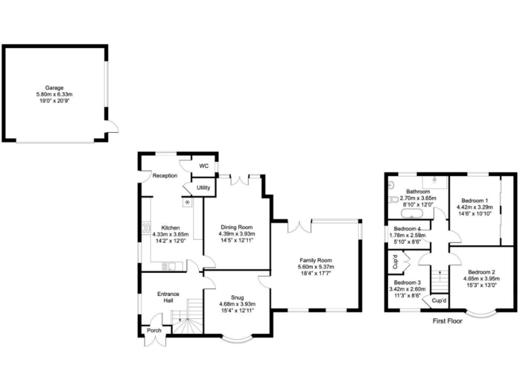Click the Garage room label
[54, 87]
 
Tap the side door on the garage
[113, 126]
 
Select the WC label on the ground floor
[203, 166]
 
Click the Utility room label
[203, 188]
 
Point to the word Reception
[165, 175]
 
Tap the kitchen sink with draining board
[172, 265]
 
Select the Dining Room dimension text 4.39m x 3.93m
[235, 234]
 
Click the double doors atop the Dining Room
[240, 180]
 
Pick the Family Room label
[316, 260]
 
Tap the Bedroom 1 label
[475, 200]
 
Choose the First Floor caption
[447, 321]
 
